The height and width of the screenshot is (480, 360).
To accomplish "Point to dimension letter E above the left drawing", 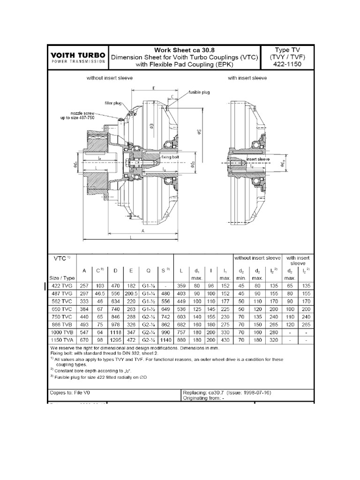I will point(154,87).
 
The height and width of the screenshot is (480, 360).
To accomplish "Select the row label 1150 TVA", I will point(64,340).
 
